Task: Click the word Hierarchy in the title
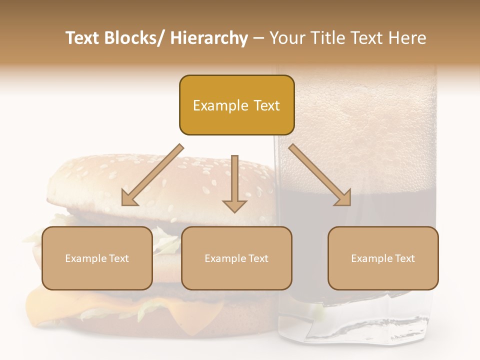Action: point(209,38)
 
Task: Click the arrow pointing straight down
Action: point(234,185)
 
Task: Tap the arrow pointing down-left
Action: point(150,177)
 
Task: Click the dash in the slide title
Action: point(258,38)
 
